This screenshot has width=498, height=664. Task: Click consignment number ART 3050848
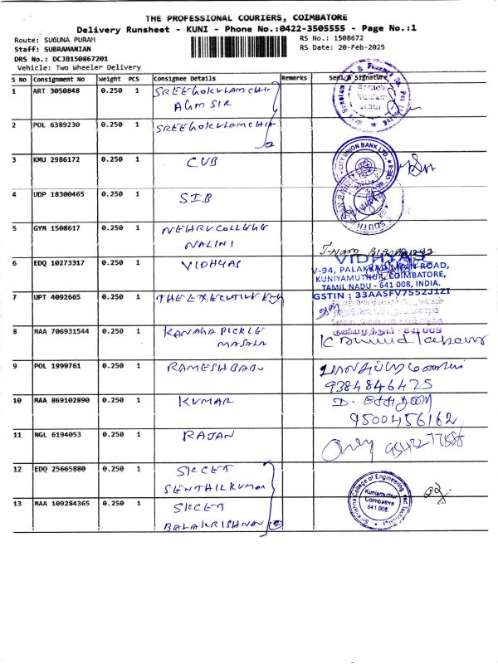pos(56,90)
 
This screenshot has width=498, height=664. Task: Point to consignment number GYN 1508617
pos(56,227)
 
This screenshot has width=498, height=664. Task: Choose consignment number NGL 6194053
pos(56,434)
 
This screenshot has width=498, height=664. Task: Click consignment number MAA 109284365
pos(61,503)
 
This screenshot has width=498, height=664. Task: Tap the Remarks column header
pos(294,78)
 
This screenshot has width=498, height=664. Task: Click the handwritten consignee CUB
pos(203,162)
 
